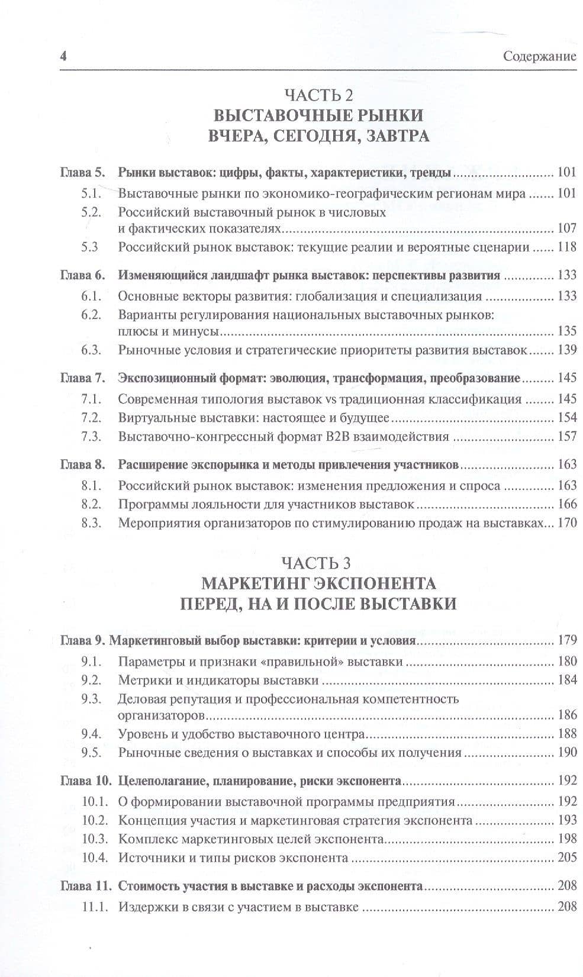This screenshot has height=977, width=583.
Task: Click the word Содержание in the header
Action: tap(539, 57)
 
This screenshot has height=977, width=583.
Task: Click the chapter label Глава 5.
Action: tap(82, 173)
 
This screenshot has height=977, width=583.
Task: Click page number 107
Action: tap(566, 228)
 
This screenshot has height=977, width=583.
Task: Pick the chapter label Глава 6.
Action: tap(82, 275)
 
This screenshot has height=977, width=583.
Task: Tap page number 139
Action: tap(566, 350)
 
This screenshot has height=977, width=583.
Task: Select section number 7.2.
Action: tap(91, 417)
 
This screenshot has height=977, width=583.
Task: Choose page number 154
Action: tap(566, 417)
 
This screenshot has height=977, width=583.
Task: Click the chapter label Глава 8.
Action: tap(82, 465)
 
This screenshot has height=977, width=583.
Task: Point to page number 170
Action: tap(566, 523)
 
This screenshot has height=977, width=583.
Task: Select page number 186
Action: tap(566, 715)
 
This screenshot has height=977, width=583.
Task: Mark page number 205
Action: tap(566, 857)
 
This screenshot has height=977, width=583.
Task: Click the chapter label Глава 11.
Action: tap(85, 886)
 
